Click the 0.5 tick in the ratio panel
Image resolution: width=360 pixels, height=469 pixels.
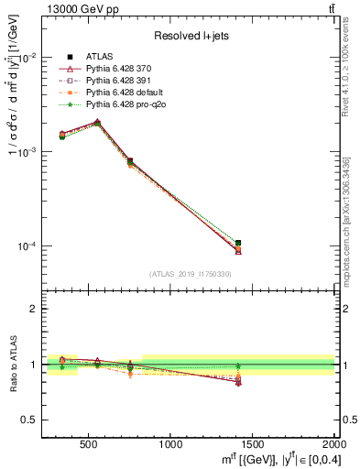[29, 420]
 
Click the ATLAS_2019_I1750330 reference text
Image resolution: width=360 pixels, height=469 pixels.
[190, 273]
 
